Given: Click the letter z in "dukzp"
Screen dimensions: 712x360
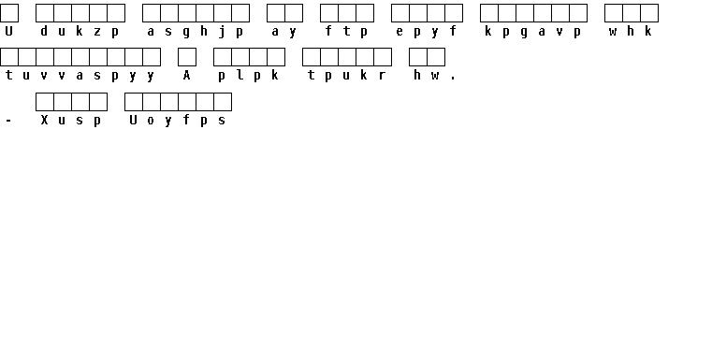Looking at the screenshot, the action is pos(97,31).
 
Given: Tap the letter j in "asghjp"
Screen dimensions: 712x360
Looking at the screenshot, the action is pos(222,32).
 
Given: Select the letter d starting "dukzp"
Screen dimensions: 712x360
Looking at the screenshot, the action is pos(44,31).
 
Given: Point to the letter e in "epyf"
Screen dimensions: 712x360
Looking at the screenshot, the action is pos(400,31).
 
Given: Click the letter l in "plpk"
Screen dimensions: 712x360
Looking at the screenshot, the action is pos(240,75).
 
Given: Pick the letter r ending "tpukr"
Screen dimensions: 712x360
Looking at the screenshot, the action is pos(383,76).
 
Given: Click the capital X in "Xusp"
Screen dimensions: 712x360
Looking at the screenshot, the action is pos(44,120).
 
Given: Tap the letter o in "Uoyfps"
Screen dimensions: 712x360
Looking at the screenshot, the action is pos(151,121).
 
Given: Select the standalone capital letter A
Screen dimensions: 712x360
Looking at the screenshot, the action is pos(186,75).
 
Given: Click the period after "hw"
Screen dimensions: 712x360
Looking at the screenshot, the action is pos(453,79).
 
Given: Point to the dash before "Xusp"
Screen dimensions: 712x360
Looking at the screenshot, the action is pos(8,121).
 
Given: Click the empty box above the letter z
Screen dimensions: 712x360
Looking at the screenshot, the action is pos(98,13).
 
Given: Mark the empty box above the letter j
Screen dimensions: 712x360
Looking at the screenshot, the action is pos(223,13).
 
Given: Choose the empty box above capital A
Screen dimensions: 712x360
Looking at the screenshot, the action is pos(187,57).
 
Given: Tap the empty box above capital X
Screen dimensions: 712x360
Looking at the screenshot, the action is pos(45,102).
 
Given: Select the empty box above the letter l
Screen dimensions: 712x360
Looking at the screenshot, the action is pos(240,57).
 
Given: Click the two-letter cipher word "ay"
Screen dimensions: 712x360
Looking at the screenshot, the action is pos(283,32).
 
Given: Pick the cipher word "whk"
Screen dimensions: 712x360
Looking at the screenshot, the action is pos(631,31).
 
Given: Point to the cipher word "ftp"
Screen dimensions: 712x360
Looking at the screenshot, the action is pos(346,31).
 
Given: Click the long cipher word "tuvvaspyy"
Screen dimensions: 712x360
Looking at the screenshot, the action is pos(80,76).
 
